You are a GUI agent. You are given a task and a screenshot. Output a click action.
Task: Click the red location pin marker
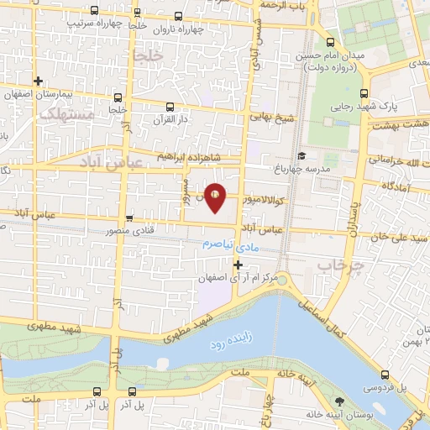pos(215,197)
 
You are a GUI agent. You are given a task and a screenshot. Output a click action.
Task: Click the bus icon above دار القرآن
pos(170,107)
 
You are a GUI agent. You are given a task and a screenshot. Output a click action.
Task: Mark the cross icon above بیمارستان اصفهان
pos(39,81)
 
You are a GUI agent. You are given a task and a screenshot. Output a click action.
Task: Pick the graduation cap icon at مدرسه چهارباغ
pos(301,155)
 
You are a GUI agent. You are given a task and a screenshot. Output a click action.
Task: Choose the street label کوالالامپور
pos(262,200)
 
